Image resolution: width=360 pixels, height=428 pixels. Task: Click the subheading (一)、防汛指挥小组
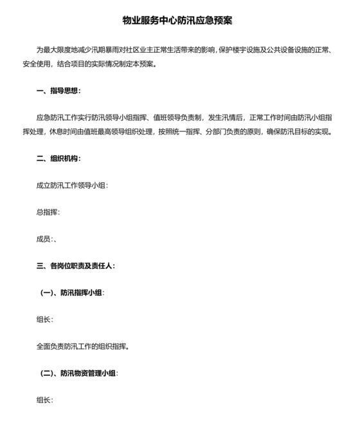point(72,292)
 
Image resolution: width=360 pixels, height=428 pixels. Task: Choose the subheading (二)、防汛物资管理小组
point(79,373)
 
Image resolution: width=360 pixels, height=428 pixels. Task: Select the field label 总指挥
point(48,212)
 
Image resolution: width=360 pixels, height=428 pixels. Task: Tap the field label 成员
point(44,239)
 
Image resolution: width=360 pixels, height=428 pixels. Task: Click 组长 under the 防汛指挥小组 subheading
point(44,319)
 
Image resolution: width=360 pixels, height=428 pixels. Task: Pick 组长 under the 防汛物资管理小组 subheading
point(44,400)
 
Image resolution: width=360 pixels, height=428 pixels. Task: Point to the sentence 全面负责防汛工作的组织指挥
point(82,346)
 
